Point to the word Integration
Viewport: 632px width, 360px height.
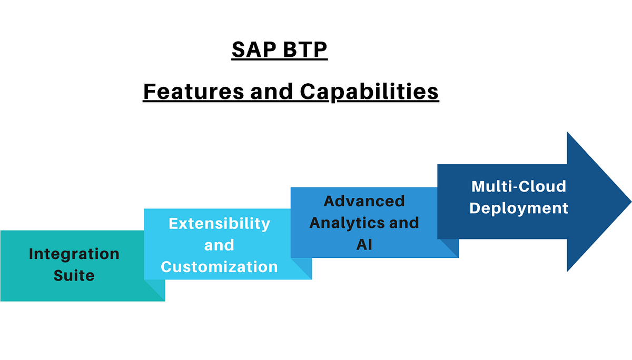click(x=74, y=254)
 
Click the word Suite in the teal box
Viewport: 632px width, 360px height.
click(x=74, y=275)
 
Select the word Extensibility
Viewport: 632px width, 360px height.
click(x=219, y=223)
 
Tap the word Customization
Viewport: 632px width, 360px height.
click(x=219, y=267)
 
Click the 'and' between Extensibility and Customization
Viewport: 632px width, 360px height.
click(x=219, y=245)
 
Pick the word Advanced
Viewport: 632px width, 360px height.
click(x=364, y=201)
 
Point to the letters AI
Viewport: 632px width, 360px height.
click(x=364, y=245)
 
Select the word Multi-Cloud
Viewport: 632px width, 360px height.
click(x=519, y=186)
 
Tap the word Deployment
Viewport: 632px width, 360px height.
click(x=519, y=208)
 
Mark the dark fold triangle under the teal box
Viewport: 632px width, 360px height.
click(x=157, y=293)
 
